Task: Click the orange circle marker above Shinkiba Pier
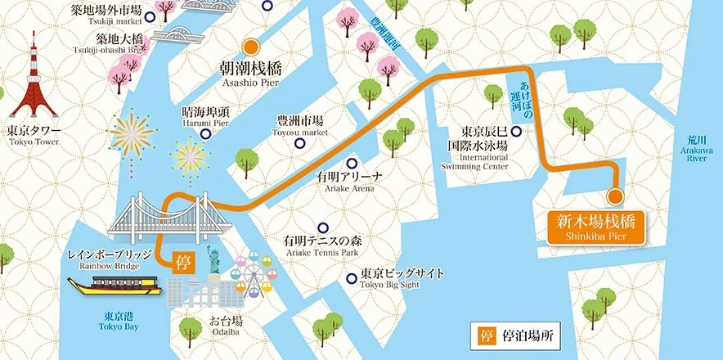pos(615,196)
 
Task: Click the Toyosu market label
pos(300,125)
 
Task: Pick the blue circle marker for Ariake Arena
pos(351,163)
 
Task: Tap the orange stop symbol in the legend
pos(481,335)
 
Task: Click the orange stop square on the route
pos(183,262)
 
